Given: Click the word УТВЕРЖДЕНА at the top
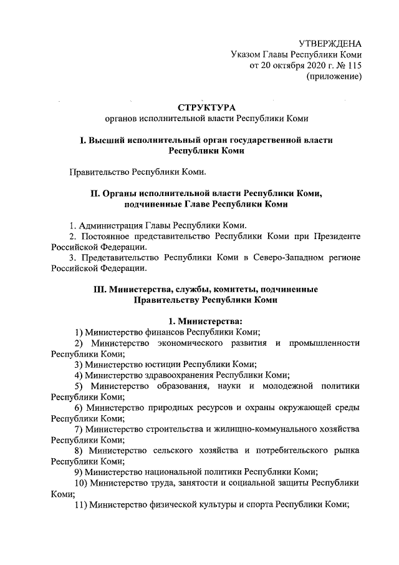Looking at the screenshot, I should pos(330,44).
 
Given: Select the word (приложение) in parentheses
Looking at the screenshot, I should pos(334,77).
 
